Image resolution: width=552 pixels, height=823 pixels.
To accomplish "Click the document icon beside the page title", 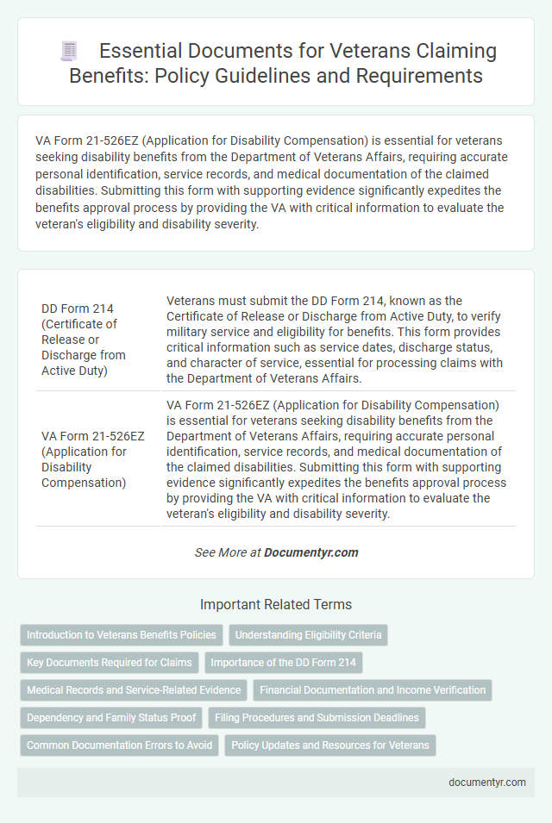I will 68,51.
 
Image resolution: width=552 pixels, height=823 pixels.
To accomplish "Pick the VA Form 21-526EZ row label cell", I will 84,458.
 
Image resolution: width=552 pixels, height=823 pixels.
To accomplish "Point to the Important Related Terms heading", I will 275,604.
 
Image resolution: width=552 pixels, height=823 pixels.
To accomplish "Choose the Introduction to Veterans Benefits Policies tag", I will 121,635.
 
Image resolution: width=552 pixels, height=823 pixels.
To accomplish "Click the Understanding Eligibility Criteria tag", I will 308,635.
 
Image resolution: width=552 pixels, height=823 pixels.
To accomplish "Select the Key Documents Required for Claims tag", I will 110,663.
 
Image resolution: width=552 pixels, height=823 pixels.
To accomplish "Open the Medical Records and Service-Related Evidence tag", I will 133,689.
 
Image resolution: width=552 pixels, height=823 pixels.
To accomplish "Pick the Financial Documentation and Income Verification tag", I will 373,689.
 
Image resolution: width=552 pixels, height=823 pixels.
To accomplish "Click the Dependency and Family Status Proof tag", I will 111,717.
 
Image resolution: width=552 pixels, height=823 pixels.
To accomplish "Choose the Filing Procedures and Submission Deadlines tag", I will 317,717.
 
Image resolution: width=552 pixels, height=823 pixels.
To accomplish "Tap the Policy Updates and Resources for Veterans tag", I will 330,745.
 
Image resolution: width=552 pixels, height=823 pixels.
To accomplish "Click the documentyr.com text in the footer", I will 487,782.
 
